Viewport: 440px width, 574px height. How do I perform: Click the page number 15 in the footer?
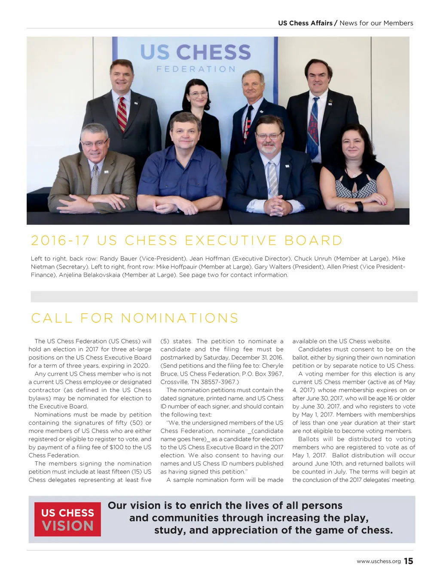(409, 561)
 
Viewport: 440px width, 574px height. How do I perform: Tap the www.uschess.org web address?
(379, 561)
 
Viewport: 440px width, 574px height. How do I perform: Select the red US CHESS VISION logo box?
(67, 519)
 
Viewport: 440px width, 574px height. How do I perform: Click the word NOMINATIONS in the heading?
(180, 318)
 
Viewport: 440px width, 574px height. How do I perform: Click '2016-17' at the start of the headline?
(60, 240)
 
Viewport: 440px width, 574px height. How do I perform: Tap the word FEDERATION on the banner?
(196, 69)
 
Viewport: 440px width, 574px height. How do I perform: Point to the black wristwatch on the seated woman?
(359, 206)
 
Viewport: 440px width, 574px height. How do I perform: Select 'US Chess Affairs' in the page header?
(305, 23)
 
